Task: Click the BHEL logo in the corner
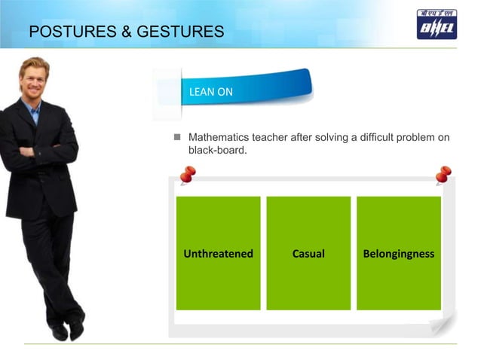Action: click(x=437, y=23)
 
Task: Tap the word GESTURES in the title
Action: click(x=182, y=32)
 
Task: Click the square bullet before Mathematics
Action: click(x=179, y=138)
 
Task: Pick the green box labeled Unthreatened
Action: click(x=218, y=253)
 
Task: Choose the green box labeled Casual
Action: click(x=308, y=253)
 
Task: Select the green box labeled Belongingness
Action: click(x=398, y=253)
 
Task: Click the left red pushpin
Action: click(x=187, y=175)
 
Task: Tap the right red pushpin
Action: click(x=443, y=175)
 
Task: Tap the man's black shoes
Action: click(x=68, y=329)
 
